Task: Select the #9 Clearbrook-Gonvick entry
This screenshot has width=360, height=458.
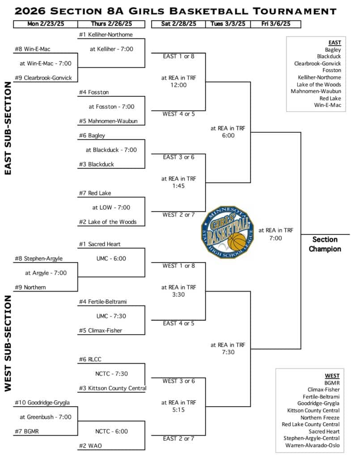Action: [43, 78]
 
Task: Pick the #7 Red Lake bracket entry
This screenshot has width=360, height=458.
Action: [95, 193]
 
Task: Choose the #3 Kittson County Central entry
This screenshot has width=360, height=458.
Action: [112, 388]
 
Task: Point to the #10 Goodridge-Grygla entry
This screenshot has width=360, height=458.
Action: [42, 403]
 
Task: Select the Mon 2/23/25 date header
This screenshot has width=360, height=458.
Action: [45, 24]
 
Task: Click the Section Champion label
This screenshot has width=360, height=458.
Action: [325, 244]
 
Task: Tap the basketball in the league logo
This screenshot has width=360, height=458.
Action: [237, 242]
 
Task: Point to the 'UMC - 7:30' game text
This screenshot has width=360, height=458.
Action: [111, 316]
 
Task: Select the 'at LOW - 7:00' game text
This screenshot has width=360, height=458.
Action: [111, 208]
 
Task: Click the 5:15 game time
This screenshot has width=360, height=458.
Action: [178, 410]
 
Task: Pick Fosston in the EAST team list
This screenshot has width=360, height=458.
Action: [332, 70]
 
